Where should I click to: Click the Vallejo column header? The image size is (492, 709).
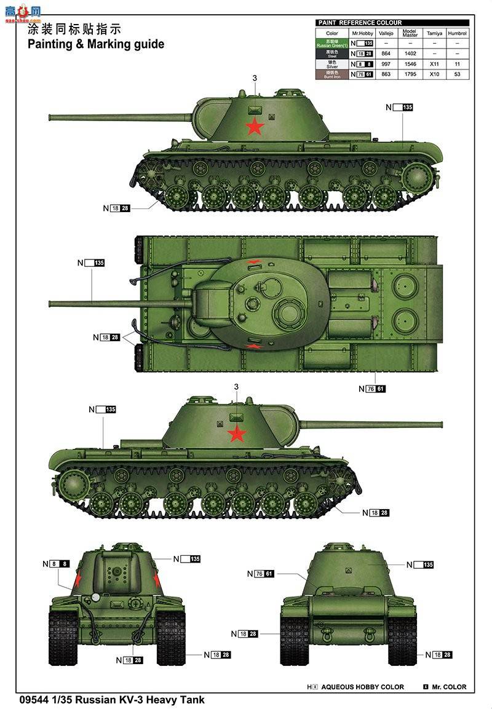point(386,33)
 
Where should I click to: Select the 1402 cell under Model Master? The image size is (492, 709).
point(410,53)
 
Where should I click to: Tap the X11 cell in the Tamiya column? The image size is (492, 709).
point(434,64)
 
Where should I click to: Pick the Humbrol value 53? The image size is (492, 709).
point(457,74)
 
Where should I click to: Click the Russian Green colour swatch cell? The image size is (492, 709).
point(332,43)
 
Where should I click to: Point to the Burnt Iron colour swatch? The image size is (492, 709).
point(332,74)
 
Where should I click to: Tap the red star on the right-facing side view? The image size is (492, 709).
point(237,434)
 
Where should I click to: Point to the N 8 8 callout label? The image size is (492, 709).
point(60,563)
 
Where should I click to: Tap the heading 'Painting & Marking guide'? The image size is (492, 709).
point(96,44)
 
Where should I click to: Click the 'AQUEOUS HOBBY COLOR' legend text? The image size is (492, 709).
point(362,687)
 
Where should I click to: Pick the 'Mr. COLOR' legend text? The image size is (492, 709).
point(449,687)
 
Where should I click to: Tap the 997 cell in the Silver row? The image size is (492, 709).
point(386,64)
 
